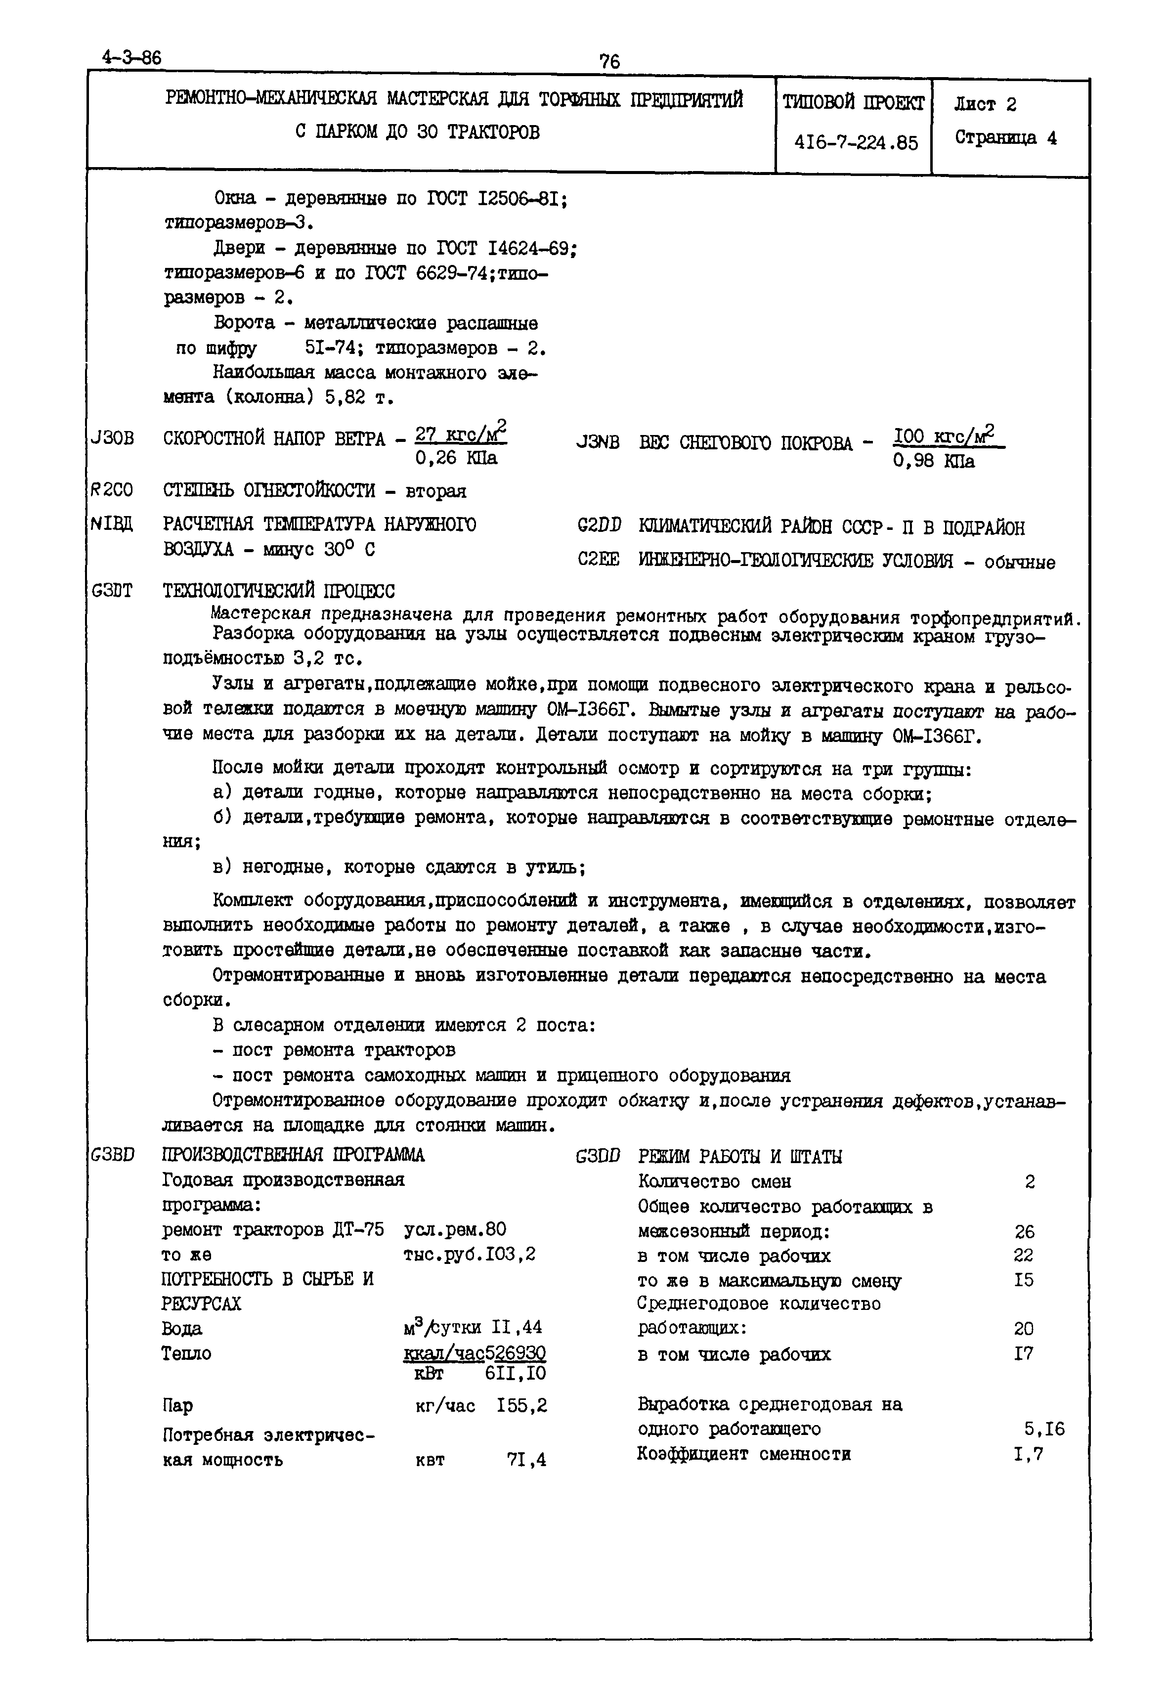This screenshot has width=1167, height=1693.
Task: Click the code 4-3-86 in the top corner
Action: pos(132,58)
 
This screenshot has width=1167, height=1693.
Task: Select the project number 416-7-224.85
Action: pos(856,142)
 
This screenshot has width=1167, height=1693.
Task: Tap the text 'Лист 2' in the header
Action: pos(985,105)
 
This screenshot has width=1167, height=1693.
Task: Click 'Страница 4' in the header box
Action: pos(1005,138)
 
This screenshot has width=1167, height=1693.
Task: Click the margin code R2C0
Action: pos(111,489)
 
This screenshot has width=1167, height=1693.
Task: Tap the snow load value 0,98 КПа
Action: pos(934,462)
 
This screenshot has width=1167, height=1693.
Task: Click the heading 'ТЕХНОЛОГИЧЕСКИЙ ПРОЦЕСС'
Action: pos(279,590)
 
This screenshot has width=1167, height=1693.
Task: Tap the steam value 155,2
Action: pos(521,1405)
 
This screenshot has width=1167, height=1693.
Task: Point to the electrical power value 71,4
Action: pos(526,1460)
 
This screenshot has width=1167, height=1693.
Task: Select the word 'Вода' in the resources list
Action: pos(181,1328)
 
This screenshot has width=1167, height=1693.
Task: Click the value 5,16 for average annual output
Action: pos(1044,1429)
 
